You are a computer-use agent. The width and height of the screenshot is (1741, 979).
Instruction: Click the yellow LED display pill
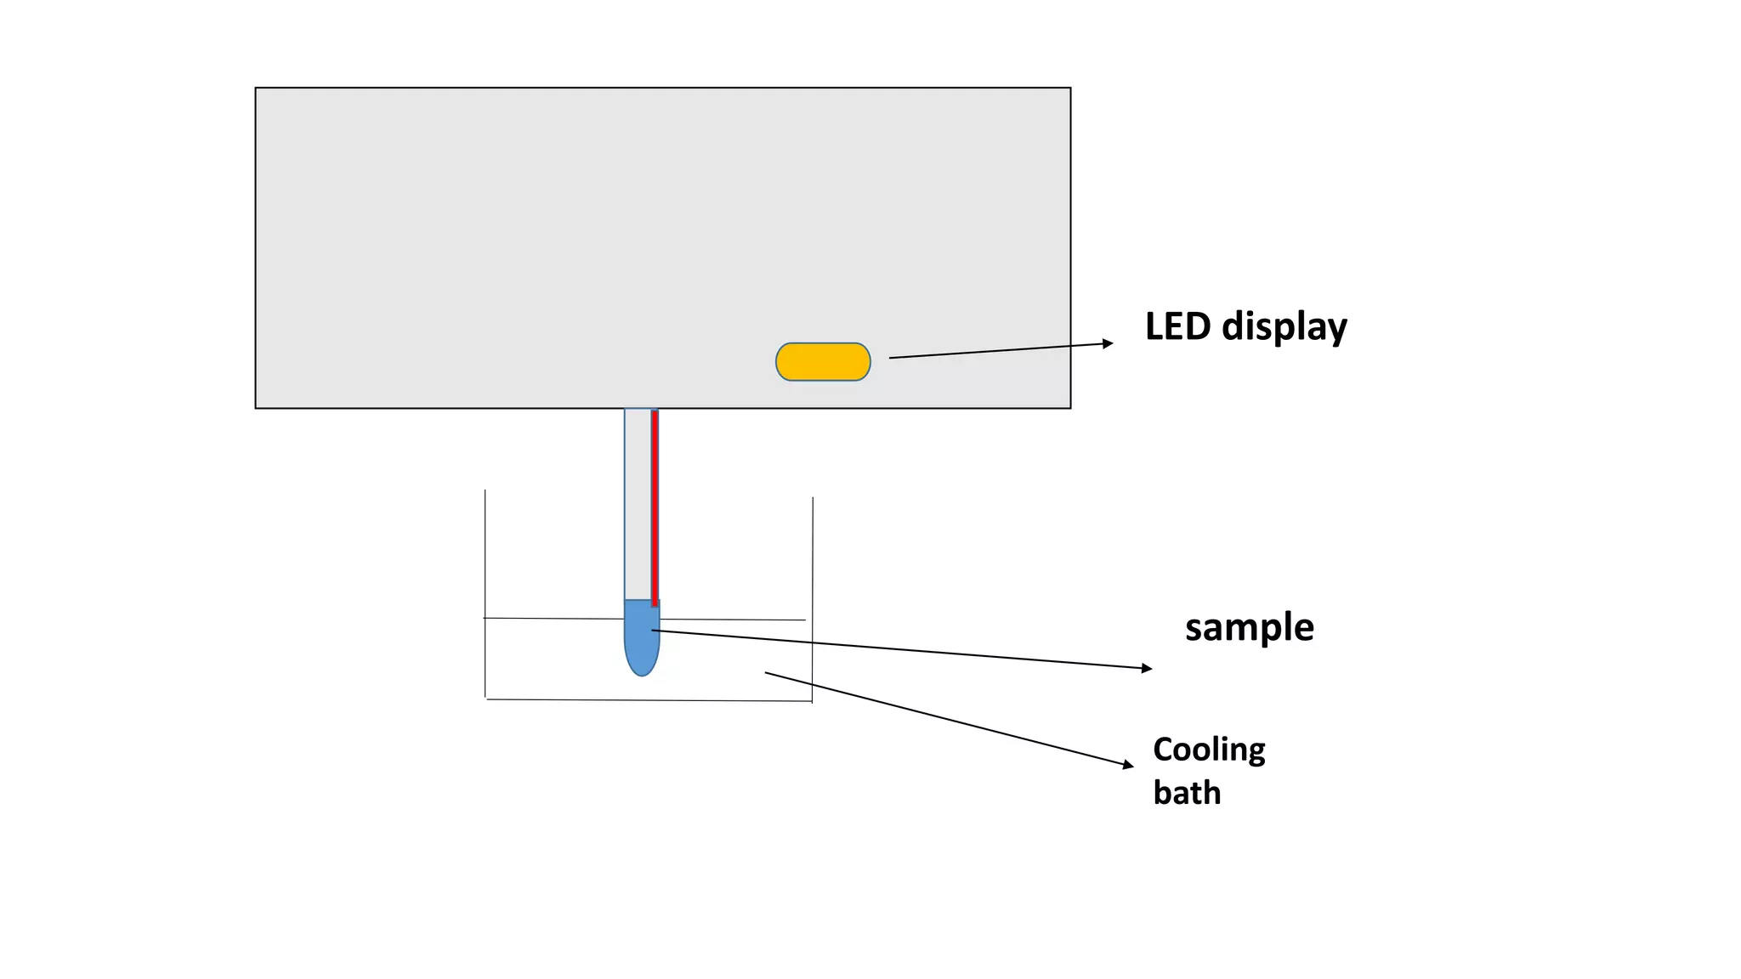pyautogui.click(x=823, y=362)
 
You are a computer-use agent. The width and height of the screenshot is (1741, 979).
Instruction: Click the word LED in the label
pyautogui.click(x=1177, y=326)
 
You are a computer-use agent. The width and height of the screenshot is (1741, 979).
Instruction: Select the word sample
pyautogui.click(x=1249, y=628)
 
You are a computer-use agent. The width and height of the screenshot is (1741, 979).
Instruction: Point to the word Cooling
pyautogui.click(x=1209, y=750)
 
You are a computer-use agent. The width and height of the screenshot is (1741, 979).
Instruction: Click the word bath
pyautogui.click(x=1187, y=793)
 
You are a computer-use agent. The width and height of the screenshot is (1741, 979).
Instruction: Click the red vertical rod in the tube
pyautogui.click(x=655, y=510)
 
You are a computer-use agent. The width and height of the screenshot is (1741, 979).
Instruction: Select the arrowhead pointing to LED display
pyautogui.click(x=1107, y=343)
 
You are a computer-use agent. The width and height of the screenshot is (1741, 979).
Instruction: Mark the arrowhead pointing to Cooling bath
pyautogui.click(x=1128, y=765)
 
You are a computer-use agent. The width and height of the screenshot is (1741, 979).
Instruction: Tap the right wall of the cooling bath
pyautogui.click(x=813, y=595)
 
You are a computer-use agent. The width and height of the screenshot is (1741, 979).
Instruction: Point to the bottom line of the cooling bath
pyautogui.click(x=646, y=700)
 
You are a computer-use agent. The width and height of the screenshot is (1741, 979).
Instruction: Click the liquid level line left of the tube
pyautogui.click(x=553, y=619)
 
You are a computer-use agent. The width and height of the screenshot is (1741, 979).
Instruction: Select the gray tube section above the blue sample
pyautogui.click(x=638, y=510)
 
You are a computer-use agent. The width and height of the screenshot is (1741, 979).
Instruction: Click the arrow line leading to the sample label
pyautogui.click(x=901, y=650)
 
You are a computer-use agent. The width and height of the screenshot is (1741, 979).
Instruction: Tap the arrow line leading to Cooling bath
pyautogui.click(x=944, y=718)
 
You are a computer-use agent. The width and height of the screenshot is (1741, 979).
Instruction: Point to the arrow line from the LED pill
pyautogui.click(x=995, y=351)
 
